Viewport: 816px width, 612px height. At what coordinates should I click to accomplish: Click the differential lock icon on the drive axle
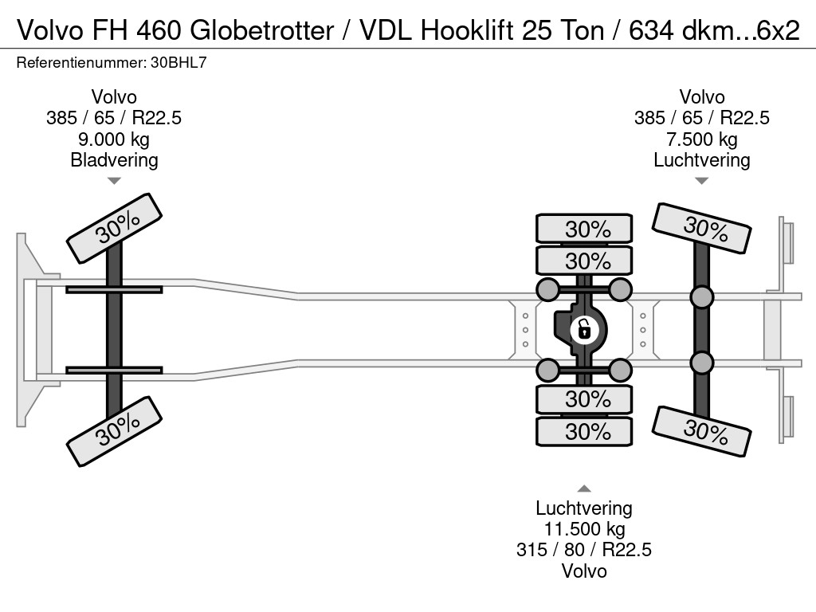pos(584,330)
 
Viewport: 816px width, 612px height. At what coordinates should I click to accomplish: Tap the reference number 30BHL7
pos(178,63)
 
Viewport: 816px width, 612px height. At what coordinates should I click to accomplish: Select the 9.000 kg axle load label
pos(113,139)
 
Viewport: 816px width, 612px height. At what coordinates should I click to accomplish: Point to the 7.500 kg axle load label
pos(701,139)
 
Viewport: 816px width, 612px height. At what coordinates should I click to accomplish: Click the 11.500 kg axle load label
pos(584,529)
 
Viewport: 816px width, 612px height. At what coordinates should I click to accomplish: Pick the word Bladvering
pos(114,160)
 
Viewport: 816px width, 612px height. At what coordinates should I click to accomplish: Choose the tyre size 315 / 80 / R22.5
pos(584,550)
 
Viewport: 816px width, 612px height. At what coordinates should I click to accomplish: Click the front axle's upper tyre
pos(114,228)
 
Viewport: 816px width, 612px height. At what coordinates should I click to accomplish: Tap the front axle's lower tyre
pos(114,431)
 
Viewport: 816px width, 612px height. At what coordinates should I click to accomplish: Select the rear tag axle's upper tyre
pos(701,229)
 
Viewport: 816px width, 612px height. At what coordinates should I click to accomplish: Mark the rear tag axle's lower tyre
pos(701,432)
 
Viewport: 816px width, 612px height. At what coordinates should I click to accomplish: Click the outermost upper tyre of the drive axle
pos(584,229)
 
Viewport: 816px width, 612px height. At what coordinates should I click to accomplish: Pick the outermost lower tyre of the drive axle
pos(584,431)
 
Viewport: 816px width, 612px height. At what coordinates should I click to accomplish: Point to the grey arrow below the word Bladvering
pos(114,181)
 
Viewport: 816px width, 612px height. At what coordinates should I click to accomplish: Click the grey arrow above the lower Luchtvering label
pos(584,488)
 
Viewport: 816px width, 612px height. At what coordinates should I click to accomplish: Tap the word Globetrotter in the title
pos(261,31)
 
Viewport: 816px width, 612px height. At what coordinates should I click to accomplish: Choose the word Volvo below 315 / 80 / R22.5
pos(584,571)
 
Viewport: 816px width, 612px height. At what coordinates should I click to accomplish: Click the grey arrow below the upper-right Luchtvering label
pos(701,181)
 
